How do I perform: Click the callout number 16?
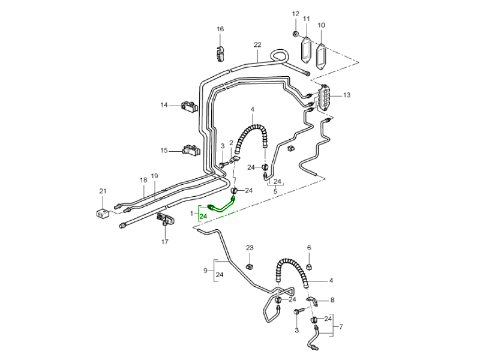(x=220, y=29)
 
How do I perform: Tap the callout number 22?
(x=257, y=45)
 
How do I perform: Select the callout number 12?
(x=295, y=14)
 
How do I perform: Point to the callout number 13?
(x=347, y=95)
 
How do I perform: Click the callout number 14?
(x=164, y=106)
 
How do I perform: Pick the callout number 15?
(x=164, y=150)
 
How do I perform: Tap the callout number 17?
(x=164, y=242)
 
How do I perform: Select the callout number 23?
(x=250, y=248)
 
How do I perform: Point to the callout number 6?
(x=309, y=248)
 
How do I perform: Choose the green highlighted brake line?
(x=223, y=205)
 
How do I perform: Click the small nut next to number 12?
(x=296, y=32)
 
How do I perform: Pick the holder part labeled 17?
(x=164, y=220)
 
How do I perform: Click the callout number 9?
(x=206, y=271)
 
